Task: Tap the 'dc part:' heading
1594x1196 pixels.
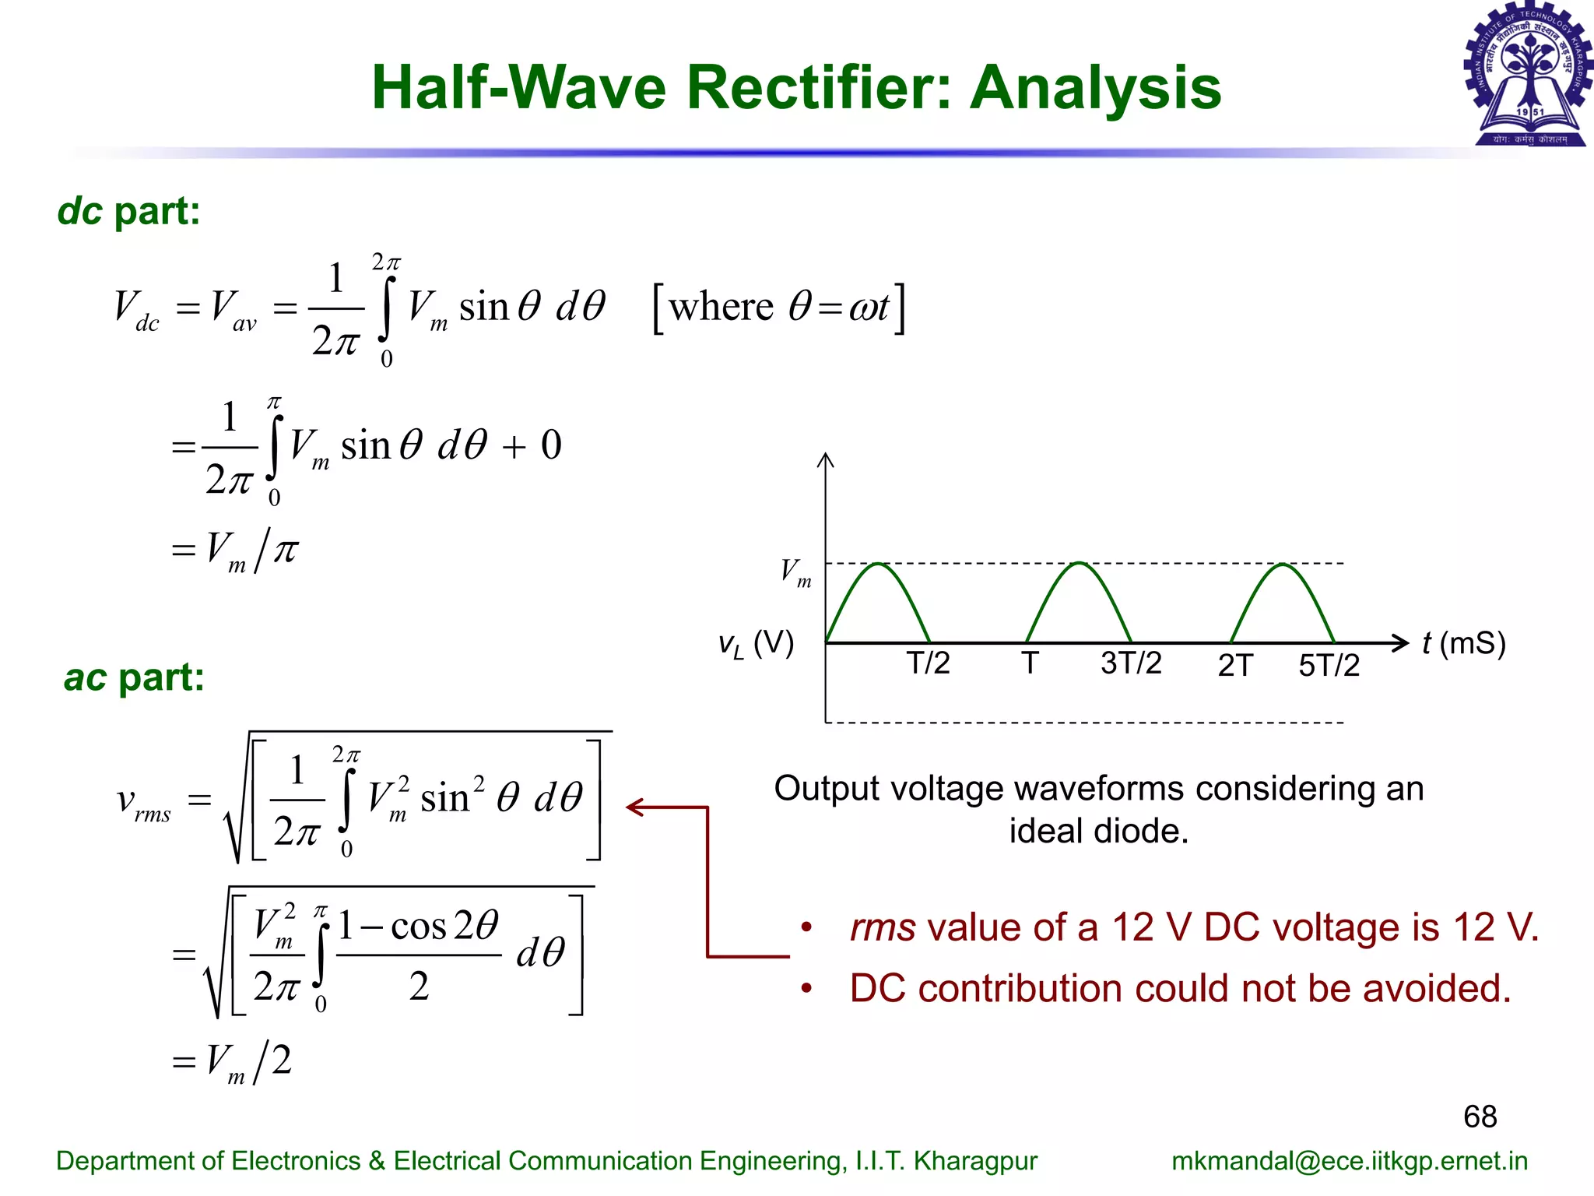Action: click(x=129, y=211)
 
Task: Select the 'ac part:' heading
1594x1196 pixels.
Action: click(x=134, y=677)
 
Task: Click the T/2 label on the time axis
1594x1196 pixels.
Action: click(x=928, y=663)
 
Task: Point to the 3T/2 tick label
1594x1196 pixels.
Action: click(x=1130, y=663)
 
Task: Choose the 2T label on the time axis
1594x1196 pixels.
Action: click(x=1235, y=666)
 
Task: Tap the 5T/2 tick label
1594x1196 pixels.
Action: click(x=1329, y=666)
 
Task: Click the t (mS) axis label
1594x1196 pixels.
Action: click(x=1463, y=644)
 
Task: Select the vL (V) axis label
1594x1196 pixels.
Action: click(x=756, y=645)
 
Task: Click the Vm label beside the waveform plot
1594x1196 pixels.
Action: click(x=795, y=572)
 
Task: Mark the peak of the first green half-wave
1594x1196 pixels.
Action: click(x=878, y=563)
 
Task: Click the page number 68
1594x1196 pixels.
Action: click(x=1480, y=1117)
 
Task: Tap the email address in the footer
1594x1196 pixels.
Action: click(x=1350, y=1161)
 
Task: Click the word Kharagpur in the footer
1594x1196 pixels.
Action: click(x=975, y=1161)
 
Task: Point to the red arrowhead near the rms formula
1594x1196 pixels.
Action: click(x=634, y=807)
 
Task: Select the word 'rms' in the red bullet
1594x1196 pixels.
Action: click(x=883, y=928)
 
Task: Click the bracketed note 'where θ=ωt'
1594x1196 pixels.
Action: click(x=779, y=308)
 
